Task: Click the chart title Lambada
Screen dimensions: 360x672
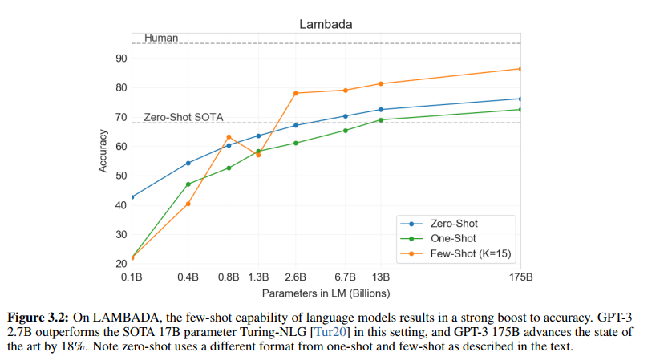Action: [x=326, y=24]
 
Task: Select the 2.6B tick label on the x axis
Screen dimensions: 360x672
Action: [x=296, y=277]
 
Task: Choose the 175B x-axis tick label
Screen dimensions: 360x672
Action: [x=520, y=277]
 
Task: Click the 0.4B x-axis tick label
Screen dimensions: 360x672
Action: [x=188, y=277]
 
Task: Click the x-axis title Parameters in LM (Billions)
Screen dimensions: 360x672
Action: [x=326, y=293]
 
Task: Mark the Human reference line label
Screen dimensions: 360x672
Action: [x=161, y=38]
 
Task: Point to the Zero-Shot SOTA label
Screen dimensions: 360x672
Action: [x=183, y=117]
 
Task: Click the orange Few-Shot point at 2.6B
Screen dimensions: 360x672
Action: [x=296, y=93]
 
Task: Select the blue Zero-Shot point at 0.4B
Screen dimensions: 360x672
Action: [x=188, y=163]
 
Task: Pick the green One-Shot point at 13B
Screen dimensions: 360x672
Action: [x=380, y=120]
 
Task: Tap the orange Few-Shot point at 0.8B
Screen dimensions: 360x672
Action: [x=229, y=136]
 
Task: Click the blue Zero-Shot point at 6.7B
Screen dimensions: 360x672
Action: [x=346, y=116]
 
